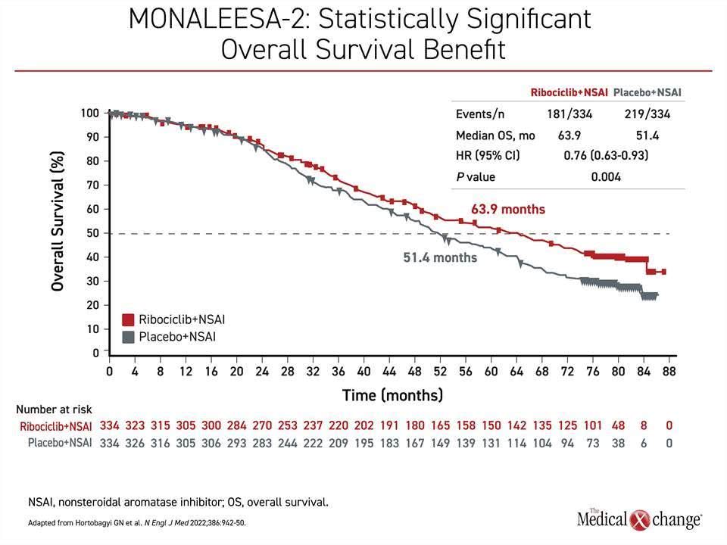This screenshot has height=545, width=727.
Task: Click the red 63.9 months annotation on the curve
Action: point(508,209)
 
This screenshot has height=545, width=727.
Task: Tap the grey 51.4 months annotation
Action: point(440,257)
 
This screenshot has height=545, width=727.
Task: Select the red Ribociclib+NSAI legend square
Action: point(128,319)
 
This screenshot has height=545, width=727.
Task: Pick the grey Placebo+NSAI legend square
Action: point(128,337)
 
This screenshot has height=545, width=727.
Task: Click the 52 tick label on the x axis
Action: point(440,371)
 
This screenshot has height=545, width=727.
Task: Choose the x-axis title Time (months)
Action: point(393,395)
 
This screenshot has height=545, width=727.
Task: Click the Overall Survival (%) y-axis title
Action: point(57,221)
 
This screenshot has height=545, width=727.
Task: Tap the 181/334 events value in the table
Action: point(569,114)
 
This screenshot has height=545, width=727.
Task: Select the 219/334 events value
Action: point(647,114)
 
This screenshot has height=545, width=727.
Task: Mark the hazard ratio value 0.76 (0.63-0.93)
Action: point(606,155)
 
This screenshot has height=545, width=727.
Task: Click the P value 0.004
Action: point(606,176)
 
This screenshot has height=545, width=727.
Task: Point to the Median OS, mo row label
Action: point(495,135)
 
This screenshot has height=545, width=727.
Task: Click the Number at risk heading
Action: point(54,410)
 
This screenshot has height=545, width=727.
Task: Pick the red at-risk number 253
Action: point(288,425)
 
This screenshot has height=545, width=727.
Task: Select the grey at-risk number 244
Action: point(288,444)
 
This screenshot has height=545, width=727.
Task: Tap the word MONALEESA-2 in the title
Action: point(217,20)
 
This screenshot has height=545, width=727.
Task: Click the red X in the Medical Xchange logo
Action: point(641,519)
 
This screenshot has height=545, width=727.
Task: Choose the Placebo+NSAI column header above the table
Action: point(647,92)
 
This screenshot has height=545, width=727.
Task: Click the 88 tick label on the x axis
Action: point(669,371)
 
